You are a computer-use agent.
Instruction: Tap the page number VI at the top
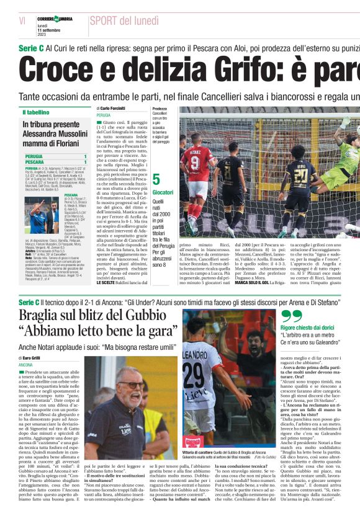pyautogui.click(x=22, y=20)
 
